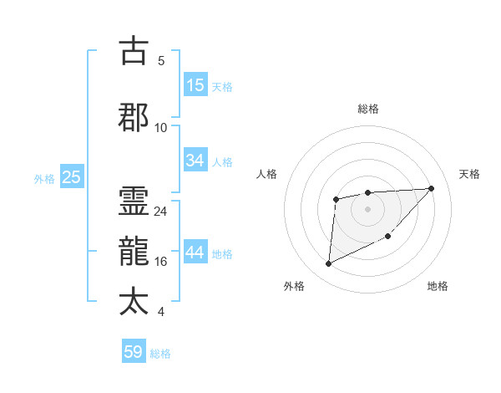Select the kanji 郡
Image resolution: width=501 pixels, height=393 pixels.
(x=134, y=117)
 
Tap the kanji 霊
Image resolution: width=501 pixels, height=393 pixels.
(x=134, y=200)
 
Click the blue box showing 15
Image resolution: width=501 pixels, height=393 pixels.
(x=195, y=85)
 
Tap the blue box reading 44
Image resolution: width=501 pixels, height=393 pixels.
(x=195, y=253)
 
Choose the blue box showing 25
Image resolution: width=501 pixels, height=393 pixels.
(x=71, y=177)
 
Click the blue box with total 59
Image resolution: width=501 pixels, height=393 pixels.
(x=134, y=352)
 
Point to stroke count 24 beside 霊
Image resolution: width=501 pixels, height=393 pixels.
(x=161, y=212)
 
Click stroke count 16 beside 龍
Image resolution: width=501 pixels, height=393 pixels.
(x=161, y=262)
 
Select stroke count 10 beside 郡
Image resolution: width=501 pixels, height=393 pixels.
(x=161, y=127)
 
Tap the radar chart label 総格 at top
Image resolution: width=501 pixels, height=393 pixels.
(x=368, y=109)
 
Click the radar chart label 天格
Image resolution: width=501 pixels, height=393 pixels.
(x=470, y=174)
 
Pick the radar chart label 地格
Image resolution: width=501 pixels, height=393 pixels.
(x=438, y=287)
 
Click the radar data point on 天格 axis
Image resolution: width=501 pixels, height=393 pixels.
(x=431, y=188)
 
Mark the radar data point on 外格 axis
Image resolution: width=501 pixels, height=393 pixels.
(x=328, y=264)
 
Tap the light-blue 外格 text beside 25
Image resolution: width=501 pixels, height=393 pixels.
(x=43, y=178)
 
